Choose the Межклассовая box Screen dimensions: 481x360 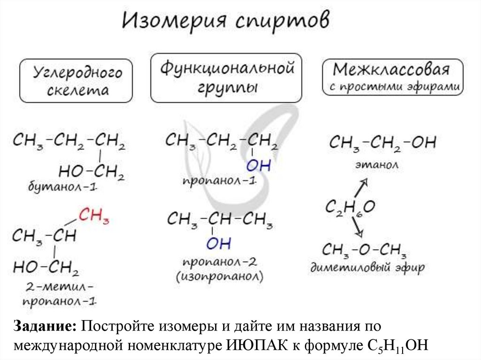(392, 77)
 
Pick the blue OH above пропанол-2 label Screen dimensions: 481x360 (218, 244)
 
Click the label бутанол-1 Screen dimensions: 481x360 (62, 188)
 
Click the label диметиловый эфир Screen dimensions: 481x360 (367, 268)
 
